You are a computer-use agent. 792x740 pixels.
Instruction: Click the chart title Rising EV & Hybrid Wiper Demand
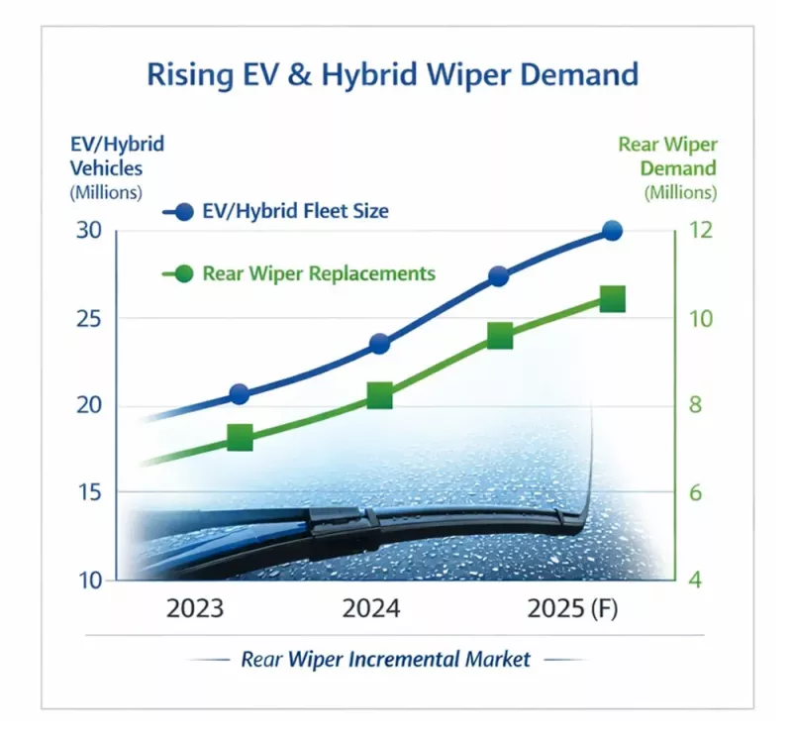pyautogui.click(x=392, y=75)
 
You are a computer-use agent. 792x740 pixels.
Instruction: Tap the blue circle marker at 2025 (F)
pyautogui.click(x=612, y=231)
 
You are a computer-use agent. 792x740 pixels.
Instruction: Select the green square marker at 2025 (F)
pyautogui.click(x=612, y=299)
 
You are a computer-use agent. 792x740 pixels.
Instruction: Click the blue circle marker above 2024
pyautogui.click(x=379, y=344)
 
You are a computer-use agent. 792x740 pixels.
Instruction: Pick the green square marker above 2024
pyautogui.click(x=379, y=396)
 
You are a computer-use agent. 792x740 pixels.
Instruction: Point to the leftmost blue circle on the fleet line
pyautogui.click(x=239, y=394)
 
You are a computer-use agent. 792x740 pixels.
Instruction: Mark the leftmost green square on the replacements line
pyautogui.click(x=240, y=437)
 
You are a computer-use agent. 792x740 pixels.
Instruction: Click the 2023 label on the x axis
pyautogui.click(x=194, y=608)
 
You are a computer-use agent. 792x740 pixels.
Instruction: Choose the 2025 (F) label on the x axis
pyautogui.click(x=572, y=608)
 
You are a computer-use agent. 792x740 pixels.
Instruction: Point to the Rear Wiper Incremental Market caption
pyautogui.click(x=386, y=659)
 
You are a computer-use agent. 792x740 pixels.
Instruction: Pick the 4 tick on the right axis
pyautogui.click(x=695, y=581)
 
